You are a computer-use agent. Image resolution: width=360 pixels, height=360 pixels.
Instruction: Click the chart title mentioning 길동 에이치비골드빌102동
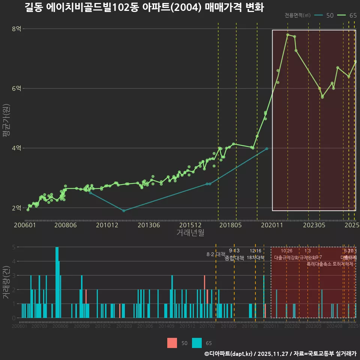coord(144,7)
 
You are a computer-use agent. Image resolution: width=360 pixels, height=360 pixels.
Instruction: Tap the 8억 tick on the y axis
coord(16,29)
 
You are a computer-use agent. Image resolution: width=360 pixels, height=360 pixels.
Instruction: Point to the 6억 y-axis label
coord(16,88)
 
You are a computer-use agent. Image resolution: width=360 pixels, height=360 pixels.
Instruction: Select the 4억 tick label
coord(16,148)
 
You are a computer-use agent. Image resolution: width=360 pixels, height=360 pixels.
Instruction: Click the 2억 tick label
coord(16,208)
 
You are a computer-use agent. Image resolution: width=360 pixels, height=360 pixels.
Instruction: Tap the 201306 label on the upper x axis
coord(149,225)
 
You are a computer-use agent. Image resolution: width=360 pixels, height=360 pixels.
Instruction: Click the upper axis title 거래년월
coord(190,232)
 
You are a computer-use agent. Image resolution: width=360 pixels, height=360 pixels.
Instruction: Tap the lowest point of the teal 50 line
coord(124,210)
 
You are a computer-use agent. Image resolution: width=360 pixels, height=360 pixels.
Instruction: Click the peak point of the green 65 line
coord(288,34)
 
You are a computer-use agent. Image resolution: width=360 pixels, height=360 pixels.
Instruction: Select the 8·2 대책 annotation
coord(216,254)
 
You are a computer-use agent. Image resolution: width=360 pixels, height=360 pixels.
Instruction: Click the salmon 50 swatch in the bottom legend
coord(172,343)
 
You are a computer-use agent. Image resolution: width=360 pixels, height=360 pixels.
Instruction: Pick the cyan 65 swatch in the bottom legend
coord(196,343)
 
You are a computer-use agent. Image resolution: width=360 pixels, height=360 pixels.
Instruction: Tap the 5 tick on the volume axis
coord(13,247)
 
